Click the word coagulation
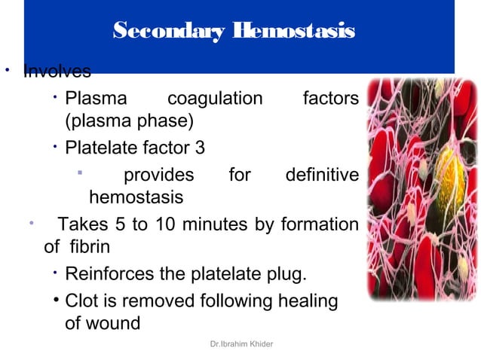(x=215, y=99)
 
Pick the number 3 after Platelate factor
(x=200, y=147)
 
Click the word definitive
(x=321, y=175)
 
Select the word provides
(x=158, y=175)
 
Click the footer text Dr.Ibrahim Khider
(x=243, y=344)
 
